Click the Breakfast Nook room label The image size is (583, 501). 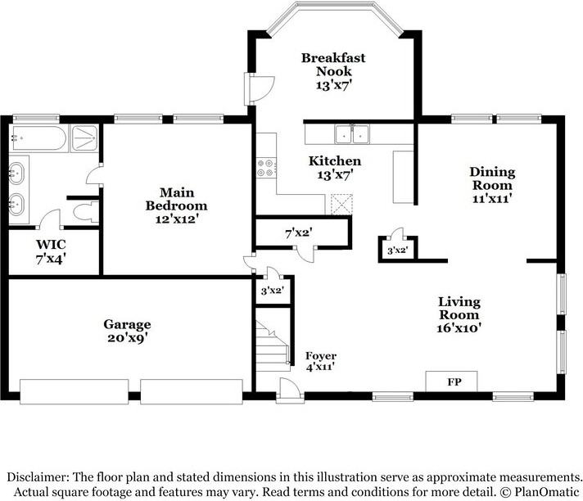coord(333,71)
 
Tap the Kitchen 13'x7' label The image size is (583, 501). coord(335,168)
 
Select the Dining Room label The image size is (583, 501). coord(492,185)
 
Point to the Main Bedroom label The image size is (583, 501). coord(176,205)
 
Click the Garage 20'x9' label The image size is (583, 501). coord(127,332)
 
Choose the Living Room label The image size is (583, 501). coord(459,314)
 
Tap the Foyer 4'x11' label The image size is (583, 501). coord(321,361)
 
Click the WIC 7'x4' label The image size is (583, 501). coord(51,251)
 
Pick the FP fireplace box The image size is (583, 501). coord(451,381)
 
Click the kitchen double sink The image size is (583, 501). coord(352,134)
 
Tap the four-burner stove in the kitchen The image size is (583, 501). coord(266,168)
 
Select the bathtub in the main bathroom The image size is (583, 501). coord(38,138)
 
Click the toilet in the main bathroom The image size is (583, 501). coord(85,213)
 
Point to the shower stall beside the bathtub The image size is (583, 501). coord(85,138)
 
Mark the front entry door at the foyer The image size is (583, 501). coord(289,390)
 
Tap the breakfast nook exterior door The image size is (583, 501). coord(259,89)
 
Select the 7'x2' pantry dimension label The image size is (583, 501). coord(299,233)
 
